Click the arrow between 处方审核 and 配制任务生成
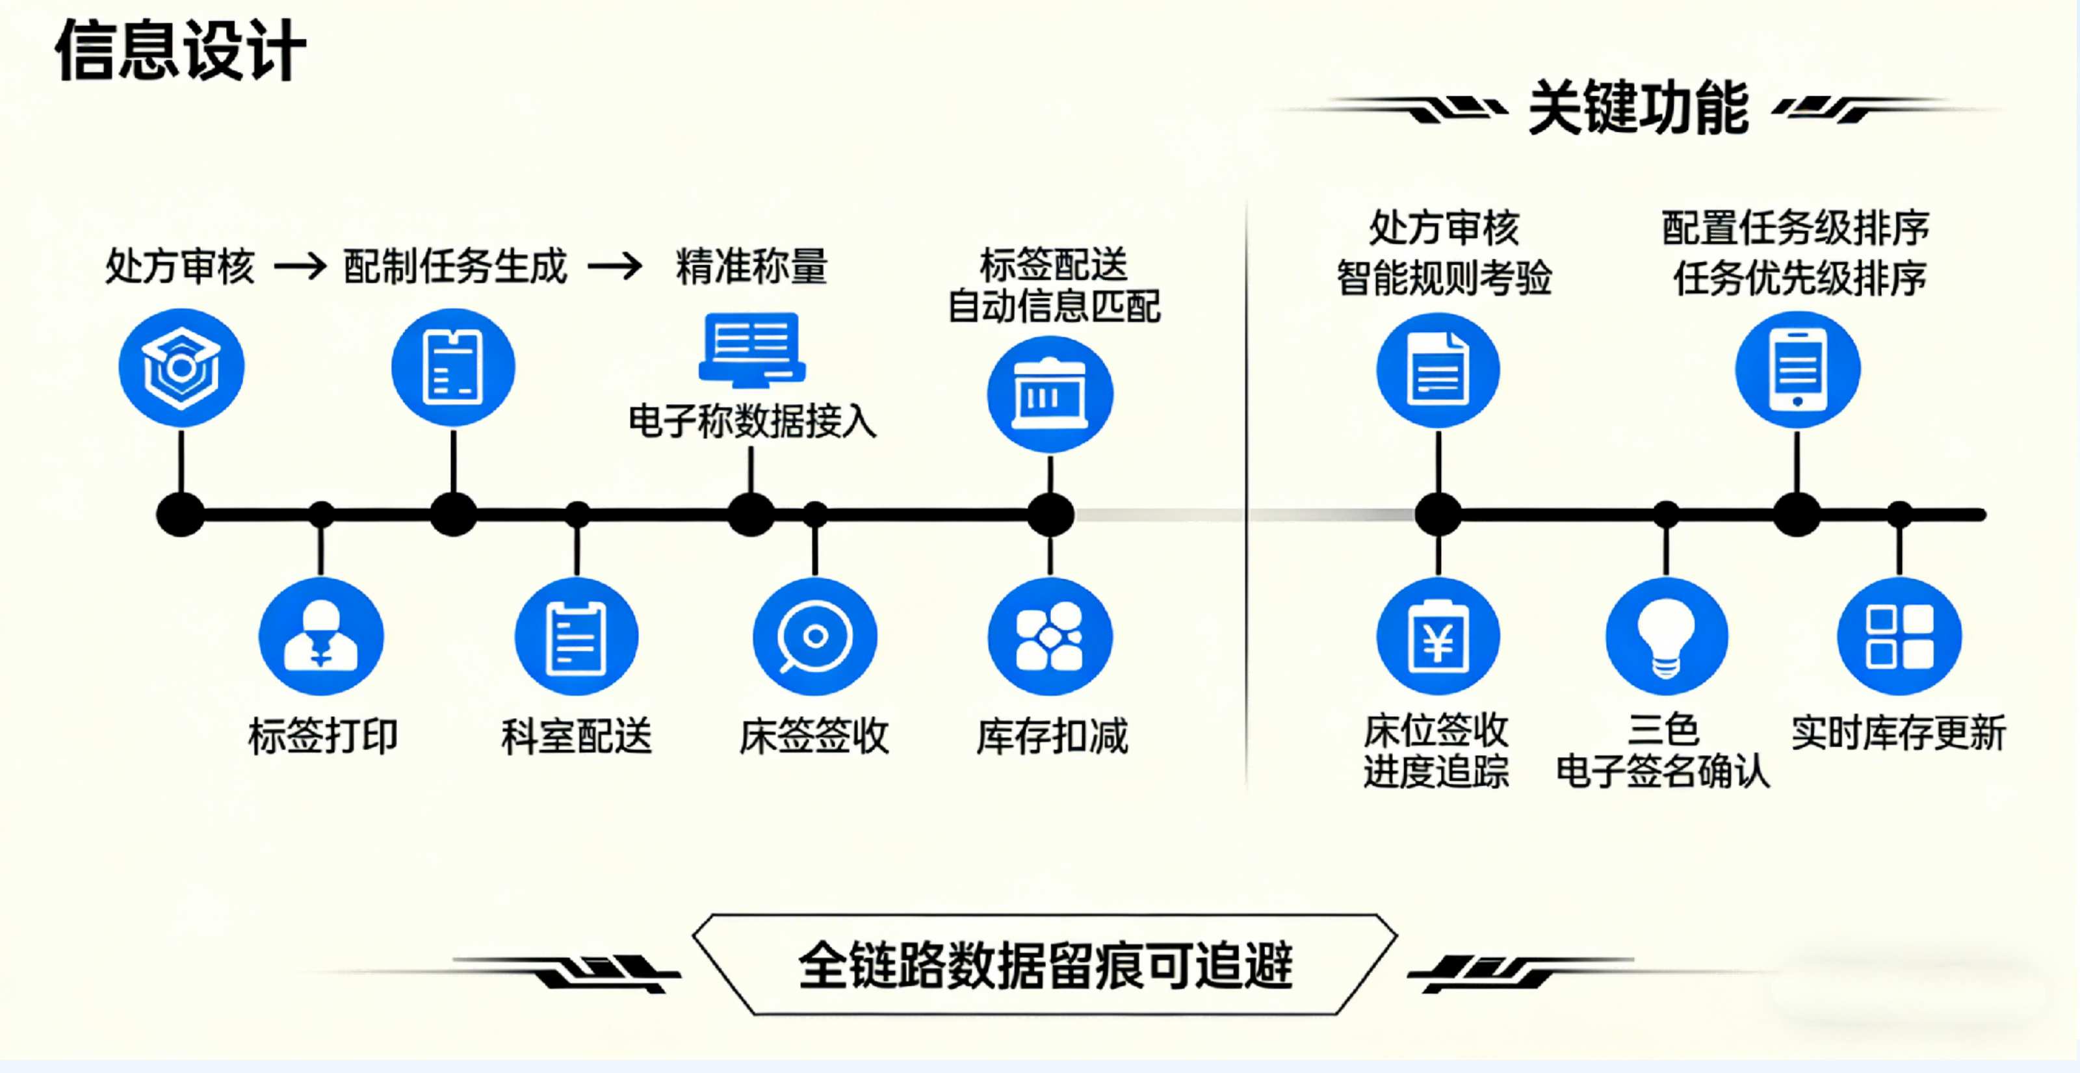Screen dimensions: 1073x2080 pos(300,266)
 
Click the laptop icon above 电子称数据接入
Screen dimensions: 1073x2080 pos(751,350)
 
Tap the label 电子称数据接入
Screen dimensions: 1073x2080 pos(752,420)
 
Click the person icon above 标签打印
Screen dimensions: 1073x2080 pos(320,636)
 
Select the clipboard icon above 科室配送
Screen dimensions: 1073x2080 pos(577,636)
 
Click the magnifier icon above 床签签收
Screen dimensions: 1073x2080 pos(814,636)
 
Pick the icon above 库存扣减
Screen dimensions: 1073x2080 pos(1050,636)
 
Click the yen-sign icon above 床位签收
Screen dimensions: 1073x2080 pos(1438,636)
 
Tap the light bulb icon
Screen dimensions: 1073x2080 pos(1666,636)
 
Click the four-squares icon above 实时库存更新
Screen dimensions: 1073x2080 pos(1899,636)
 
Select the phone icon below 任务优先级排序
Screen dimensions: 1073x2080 pos(1797,370)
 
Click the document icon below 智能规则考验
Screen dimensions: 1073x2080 pos(1438,370)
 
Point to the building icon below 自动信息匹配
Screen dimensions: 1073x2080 pos(1050,394)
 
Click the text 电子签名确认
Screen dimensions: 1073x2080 pos(1663,771)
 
